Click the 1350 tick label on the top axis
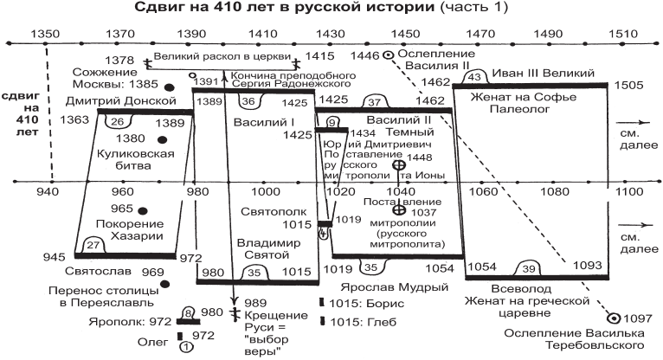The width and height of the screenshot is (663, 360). point(45,34)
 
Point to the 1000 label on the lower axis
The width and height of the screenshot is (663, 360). point(266,192)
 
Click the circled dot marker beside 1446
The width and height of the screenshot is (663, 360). point(388,55)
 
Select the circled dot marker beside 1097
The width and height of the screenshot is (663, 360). point(613,318)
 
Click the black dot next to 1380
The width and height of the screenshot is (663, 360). point(162,140)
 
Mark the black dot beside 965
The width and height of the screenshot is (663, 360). point(143,211)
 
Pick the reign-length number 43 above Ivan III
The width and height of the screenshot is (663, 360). point(475,77)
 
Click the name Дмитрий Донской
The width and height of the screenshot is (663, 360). point(121,101)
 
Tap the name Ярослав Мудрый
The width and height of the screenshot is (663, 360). point(394,288)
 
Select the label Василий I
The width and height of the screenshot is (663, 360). point(264,123)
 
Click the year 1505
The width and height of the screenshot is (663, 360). point(628,86)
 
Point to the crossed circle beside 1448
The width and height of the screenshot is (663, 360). point(399,165)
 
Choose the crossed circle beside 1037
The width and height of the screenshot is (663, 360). point(398,210)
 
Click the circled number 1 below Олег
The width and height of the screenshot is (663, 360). point(186,348)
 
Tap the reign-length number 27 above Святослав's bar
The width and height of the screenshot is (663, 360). point(93,245)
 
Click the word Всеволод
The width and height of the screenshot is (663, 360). point(521,289)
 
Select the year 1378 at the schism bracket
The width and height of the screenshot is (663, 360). point(119,61)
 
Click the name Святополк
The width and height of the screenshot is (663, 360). point(274,212)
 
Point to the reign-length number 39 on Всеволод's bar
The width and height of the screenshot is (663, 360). point(529,269)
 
